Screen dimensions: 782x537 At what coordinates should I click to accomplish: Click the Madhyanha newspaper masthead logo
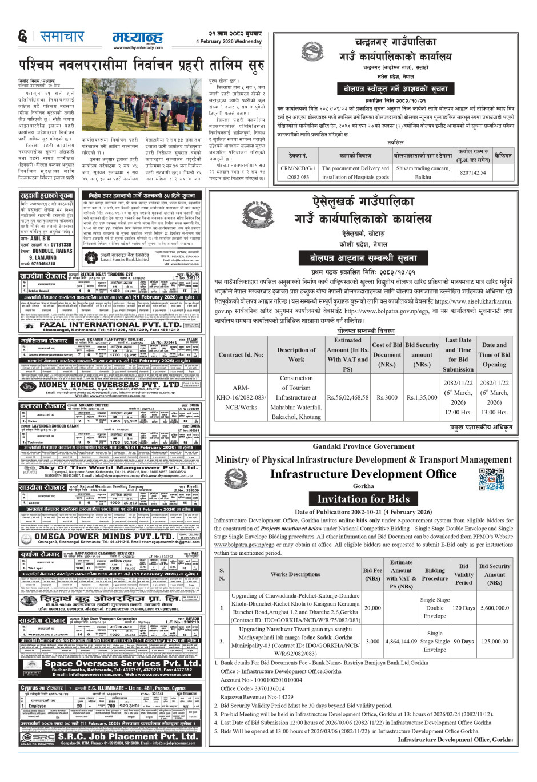(137, 38)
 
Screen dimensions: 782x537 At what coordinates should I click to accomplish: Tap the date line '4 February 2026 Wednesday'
(229, 42)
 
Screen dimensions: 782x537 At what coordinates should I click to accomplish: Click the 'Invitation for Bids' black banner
(363, 499)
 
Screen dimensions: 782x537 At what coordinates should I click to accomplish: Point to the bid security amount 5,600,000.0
(495, 608)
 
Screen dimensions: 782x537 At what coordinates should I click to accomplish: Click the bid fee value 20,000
(372, 608)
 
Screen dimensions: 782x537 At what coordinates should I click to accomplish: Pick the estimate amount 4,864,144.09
(401, 641)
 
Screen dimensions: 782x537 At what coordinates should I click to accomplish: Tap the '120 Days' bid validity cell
(463, 608)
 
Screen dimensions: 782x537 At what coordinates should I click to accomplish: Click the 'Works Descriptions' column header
(295, 574)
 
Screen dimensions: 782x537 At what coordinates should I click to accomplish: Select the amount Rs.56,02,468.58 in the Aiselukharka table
(347, 397)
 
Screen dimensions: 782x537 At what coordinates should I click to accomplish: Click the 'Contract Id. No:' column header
(241, 354)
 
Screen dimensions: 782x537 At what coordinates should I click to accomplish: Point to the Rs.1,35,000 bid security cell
(422, 397)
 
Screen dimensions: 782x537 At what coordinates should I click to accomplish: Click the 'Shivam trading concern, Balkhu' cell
(423, 172)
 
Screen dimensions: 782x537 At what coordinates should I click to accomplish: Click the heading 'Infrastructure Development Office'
(363, 474)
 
